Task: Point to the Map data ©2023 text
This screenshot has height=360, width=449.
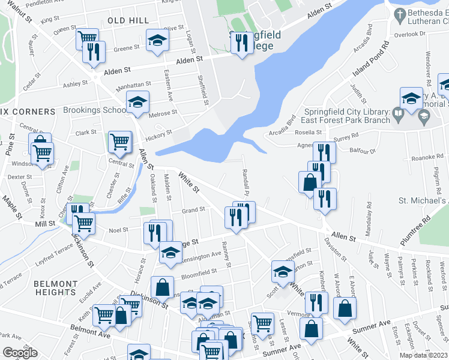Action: click(x=423, y=355)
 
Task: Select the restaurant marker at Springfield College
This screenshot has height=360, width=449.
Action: click(x=242, y=43)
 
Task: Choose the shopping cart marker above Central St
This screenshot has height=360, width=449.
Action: click(x=119, y=142)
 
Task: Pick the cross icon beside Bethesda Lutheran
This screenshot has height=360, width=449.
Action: click(x=398, y=13)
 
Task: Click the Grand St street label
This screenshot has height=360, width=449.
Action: click(x=194, y=211)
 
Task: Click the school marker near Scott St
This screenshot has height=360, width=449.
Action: click(x=282, y=271)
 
